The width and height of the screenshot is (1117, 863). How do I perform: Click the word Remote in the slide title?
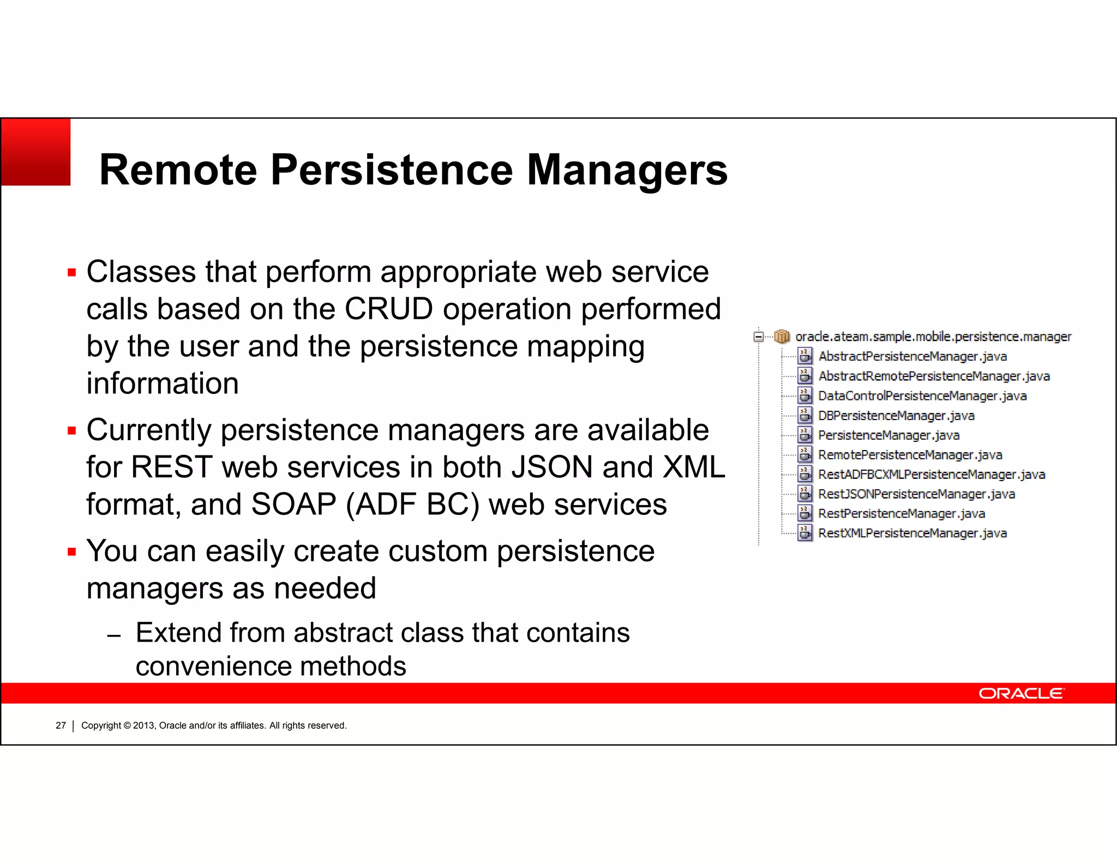[x=178, y=170]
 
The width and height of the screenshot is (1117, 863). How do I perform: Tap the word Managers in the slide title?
[x=627, y=170]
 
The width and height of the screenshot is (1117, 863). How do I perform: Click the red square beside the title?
[x=35, y=152]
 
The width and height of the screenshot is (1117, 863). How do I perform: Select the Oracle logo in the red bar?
[x=1020, y=693]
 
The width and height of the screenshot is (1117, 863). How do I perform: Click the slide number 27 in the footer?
[x=61, y=726]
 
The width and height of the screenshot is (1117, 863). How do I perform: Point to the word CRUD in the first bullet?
[x=388, y=309]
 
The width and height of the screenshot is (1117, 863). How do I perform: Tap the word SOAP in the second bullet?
[x=293, y=505]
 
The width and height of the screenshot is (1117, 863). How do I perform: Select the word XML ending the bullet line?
[x=694, y=468]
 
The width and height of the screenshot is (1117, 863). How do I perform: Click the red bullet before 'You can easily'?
[x=72, y=552]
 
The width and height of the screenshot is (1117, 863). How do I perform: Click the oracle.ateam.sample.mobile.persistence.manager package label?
[x=933, y=337]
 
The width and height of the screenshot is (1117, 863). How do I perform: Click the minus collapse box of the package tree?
[x=758, y=337]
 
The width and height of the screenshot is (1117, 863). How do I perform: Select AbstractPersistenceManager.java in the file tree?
[x=912, y=357]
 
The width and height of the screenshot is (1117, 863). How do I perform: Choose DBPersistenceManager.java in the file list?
[x=896, y=416]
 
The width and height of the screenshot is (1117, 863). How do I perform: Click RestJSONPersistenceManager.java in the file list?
[x=916, y=494]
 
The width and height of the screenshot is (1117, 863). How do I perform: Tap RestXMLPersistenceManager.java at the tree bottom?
[x=912, y=534]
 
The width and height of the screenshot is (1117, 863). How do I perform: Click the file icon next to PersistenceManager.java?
[x=805, y=435]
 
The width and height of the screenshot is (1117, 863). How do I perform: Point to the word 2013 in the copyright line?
[x=144, y=726]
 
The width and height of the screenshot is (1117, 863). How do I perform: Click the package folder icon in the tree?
[x=782, y=337]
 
